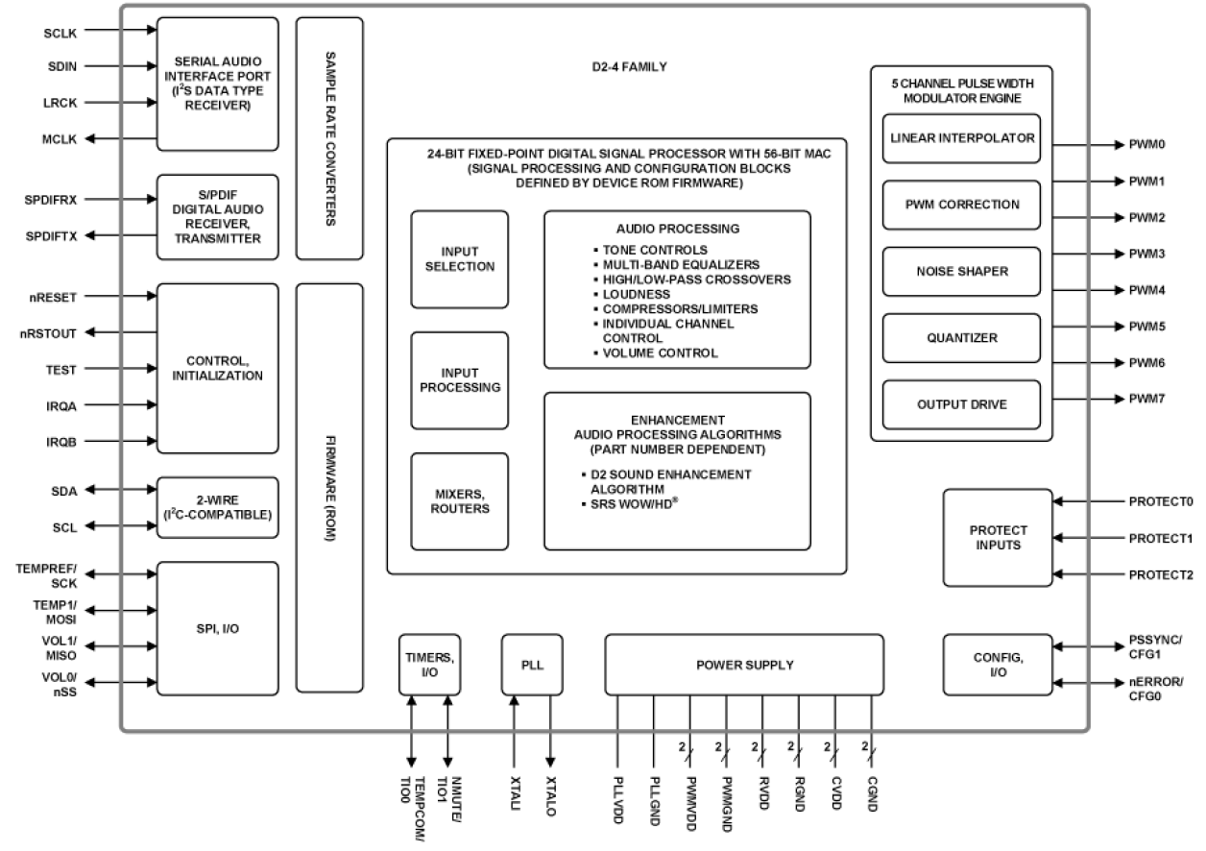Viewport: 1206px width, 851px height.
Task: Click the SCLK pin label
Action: click(61, 32)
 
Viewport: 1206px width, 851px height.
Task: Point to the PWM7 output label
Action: click(1146, 398)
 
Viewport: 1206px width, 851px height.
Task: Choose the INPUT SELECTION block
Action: click(459, 259)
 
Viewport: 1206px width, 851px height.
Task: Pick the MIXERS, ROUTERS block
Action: click(459, 500)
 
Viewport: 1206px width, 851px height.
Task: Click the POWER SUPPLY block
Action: click(744, 665)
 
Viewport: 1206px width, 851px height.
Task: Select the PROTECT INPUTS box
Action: click(997, 537)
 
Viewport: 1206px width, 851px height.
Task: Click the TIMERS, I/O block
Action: click(429, 664)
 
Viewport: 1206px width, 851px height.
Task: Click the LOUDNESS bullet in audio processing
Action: click(639, 293)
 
